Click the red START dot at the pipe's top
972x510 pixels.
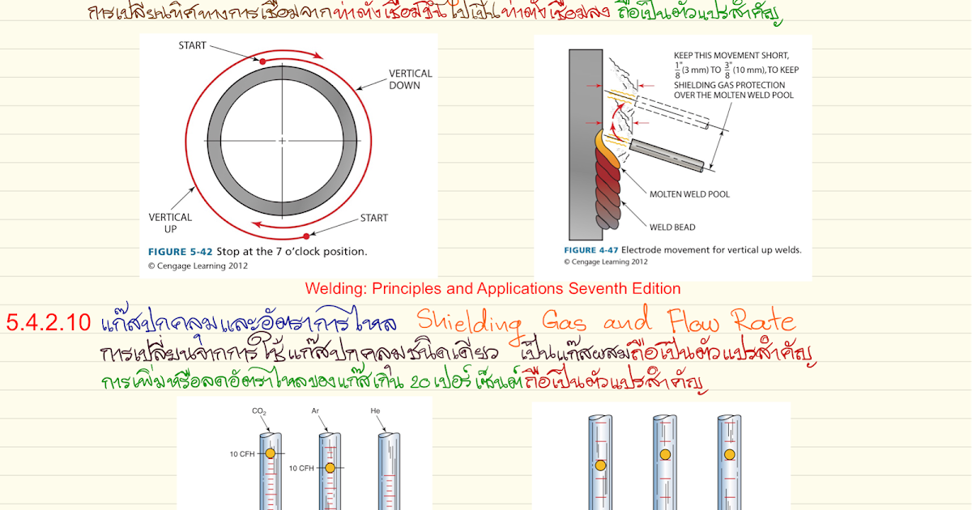coord(262,61)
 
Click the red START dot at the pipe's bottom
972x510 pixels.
coord(306,236)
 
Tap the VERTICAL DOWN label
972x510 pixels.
coord(411,79)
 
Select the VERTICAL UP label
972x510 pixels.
coord(170,223)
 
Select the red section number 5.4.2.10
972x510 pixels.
coord(48,322)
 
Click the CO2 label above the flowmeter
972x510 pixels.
coord(260,412)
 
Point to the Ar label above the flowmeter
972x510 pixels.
coord(317,412)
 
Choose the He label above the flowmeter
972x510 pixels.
coord(375,412)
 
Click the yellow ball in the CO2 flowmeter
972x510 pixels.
coord(270,453)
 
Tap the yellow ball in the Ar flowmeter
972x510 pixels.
coord(330,468)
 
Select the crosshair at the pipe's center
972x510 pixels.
coord(282,141)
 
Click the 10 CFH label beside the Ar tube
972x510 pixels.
coord(302,468)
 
